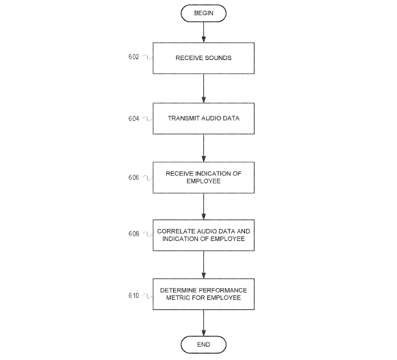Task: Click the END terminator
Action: pos(203,344)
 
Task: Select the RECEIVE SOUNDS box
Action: pos(203,58)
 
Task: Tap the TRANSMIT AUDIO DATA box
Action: pos(203,118)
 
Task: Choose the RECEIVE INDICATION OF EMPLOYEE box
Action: pos(203,177)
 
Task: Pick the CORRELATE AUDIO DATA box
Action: pos(203,235)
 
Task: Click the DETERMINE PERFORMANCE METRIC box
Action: pos(203,294)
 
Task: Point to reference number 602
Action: pos(134,57)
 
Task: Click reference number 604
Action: pos(134,118)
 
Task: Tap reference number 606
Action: pos(134,177)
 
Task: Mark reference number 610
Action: pos(134,294)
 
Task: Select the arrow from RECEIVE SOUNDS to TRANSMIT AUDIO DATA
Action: pos(203,88)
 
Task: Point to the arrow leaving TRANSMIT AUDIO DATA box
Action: pos(203,148)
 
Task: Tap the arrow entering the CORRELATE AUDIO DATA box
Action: pos(203,206)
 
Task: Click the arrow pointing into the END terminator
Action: pos(203,323)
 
